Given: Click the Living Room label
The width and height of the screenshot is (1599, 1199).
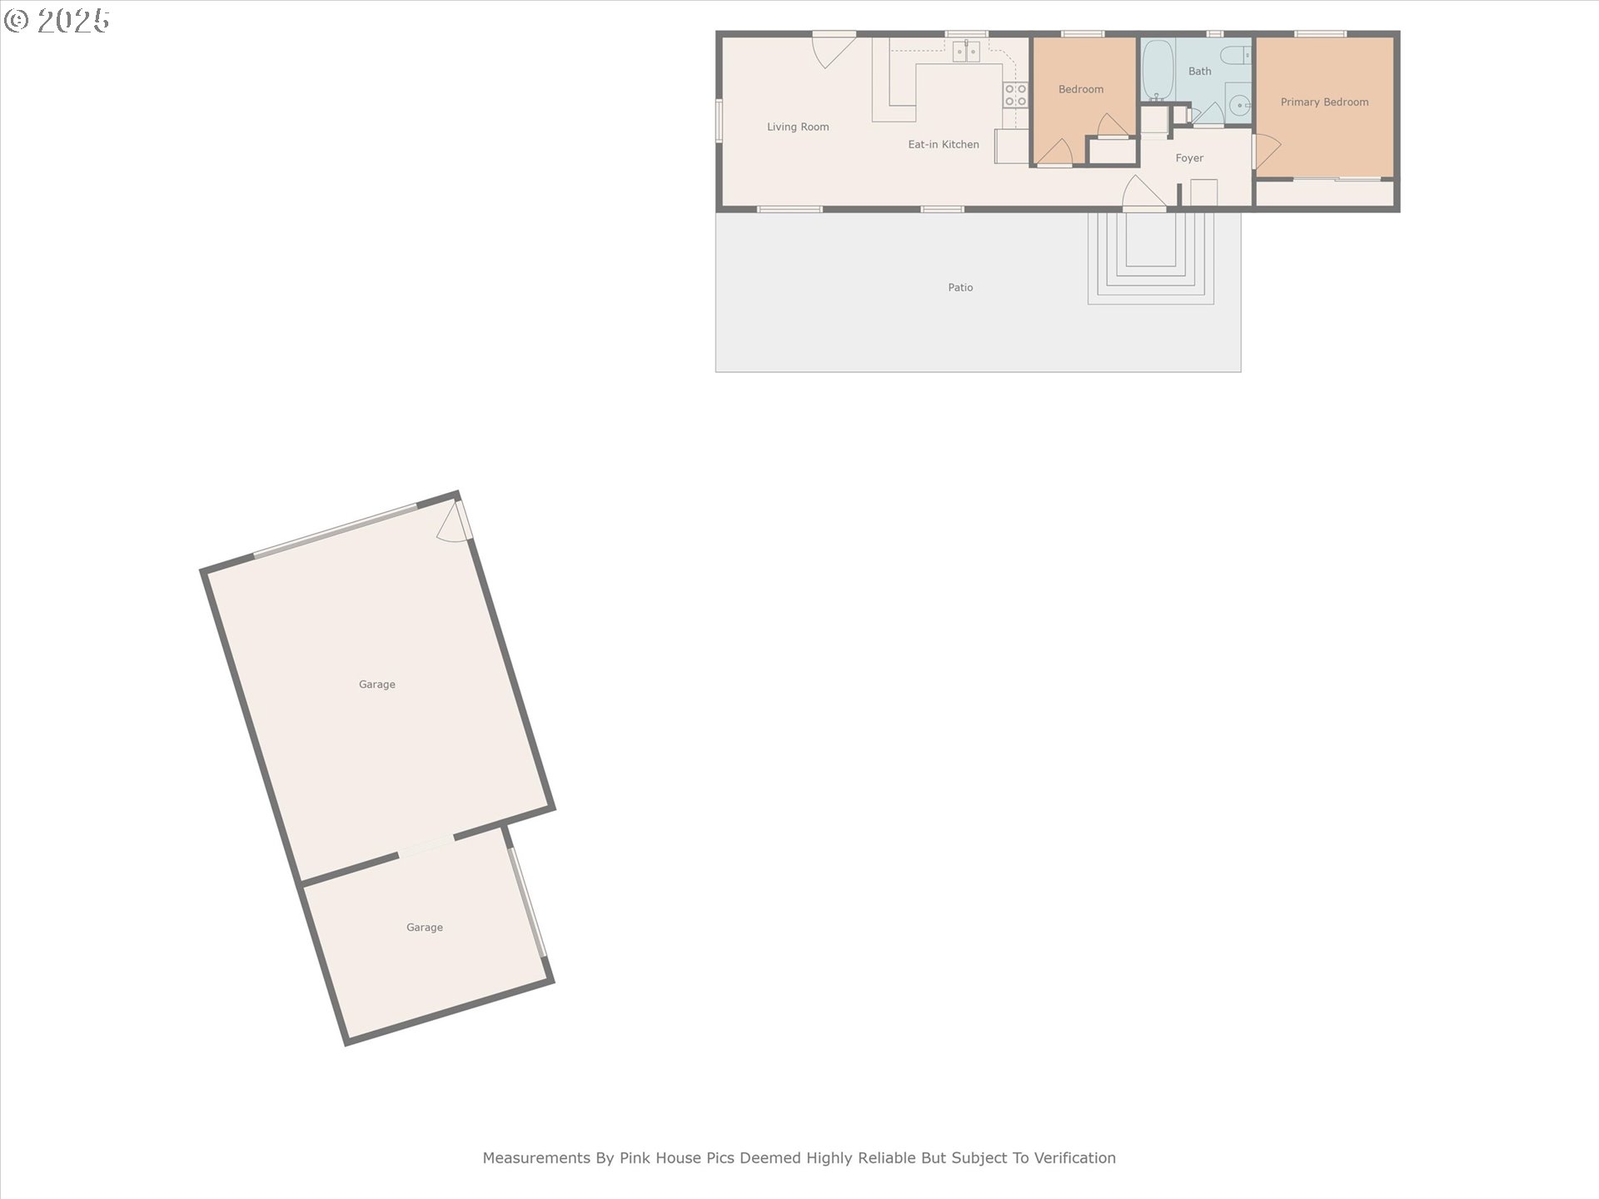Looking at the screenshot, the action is click(x=798, y=127).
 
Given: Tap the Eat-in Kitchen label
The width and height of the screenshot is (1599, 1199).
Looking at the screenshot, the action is click(x=944, y=145).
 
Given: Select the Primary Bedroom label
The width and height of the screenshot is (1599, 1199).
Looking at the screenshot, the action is click(x=1324, y=102).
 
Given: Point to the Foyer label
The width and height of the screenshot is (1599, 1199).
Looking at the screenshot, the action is click(x=1189, y=158).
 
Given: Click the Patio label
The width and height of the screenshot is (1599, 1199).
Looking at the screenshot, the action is click(x=960, y=287).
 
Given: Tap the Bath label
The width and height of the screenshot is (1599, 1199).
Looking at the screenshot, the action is click(x=1199, y=72).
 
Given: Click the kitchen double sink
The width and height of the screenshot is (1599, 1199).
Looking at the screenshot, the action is click(x=966, y=52).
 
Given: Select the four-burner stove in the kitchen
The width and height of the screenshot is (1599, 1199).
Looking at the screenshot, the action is click(x=1015, y=95).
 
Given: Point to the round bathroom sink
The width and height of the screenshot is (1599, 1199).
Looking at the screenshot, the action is click(x=1240, y=106).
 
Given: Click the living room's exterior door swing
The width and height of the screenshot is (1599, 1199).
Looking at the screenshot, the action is click(x=834, y=49).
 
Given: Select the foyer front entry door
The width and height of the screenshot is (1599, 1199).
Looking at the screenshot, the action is click(x=1143, y=193).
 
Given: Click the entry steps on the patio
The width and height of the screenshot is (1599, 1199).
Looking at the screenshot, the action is click(x=1151, y=258).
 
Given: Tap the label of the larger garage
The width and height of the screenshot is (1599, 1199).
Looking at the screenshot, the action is click(x=377, y=684).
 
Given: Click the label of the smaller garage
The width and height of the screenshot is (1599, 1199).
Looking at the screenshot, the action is click(x=425, y=928).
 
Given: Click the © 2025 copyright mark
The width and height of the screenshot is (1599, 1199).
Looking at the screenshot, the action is click(x=57, y=21).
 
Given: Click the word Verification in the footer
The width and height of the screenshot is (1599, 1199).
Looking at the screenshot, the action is click(x=1074, y=1158).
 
